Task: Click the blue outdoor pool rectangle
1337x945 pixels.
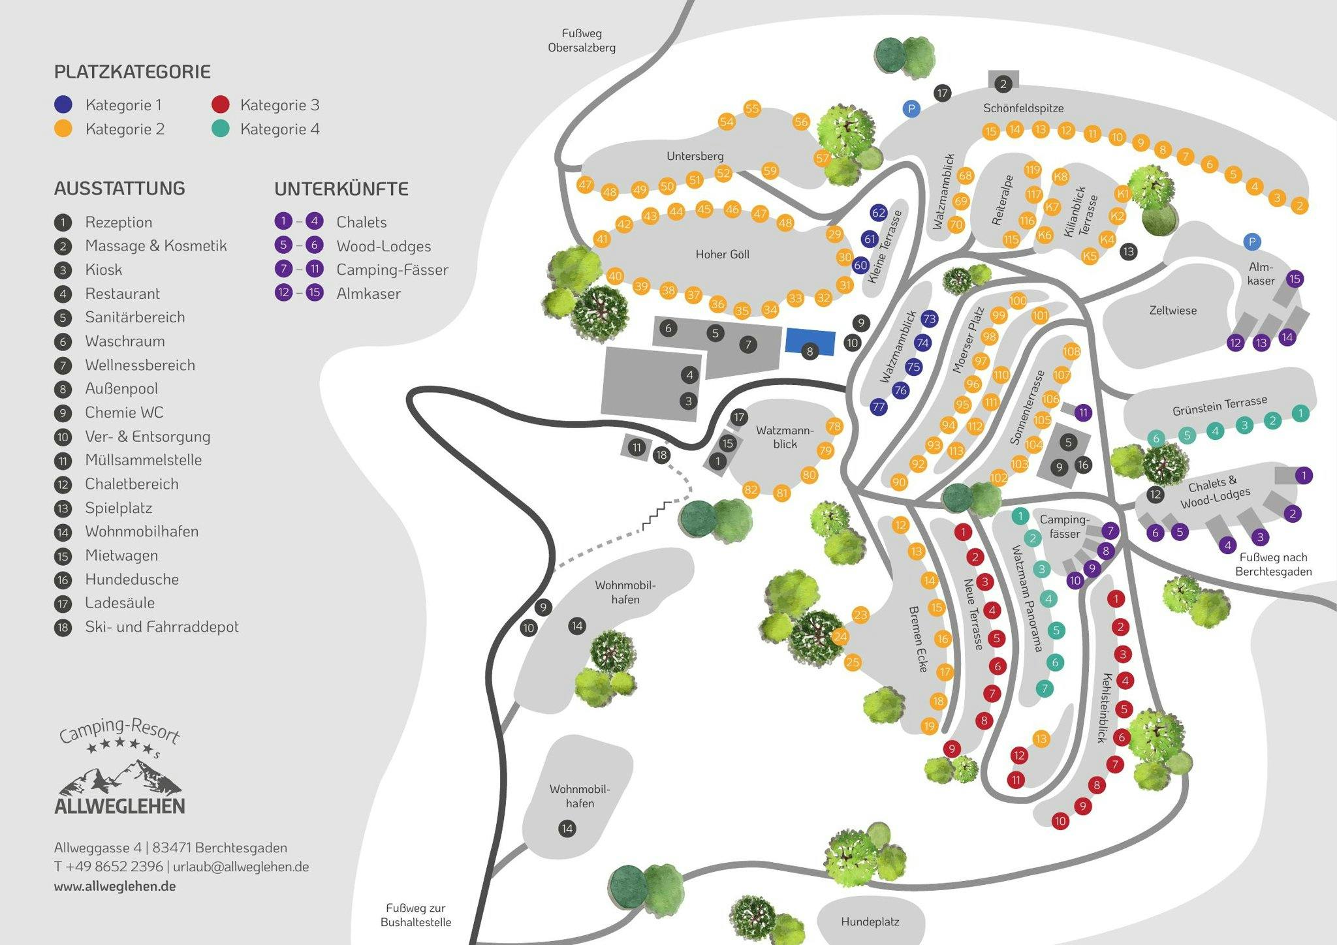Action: coord(810,342)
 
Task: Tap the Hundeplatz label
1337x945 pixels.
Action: coord(870,922)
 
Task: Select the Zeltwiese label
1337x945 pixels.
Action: coord(1173,311)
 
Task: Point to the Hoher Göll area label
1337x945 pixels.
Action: coord(722,255)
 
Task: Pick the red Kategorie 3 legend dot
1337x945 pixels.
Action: coord(221,104)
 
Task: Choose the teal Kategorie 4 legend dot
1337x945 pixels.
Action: coord(221,129)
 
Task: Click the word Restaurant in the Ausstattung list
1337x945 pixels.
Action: coord(122,294)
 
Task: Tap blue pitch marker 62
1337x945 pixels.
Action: coord(879,213)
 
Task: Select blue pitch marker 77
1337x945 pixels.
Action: coord(879,407)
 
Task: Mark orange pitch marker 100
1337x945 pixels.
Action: coord(1018,301)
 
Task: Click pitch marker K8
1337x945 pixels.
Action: coord(1060,177)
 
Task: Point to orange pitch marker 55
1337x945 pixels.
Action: coord(752,108)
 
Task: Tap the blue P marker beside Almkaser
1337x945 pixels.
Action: coord(1251,242)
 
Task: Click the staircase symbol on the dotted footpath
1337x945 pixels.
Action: coord(653,514)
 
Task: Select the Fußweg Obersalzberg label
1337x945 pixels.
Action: coord(582,40)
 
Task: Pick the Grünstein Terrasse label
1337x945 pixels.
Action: coord(1219,405)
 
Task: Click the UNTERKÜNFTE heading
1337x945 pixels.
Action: coord(341,189)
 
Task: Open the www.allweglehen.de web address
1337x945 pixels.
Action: coord(115,886)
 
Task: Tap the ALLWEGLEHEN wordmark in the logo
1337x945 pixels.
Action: coord(119,806)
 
